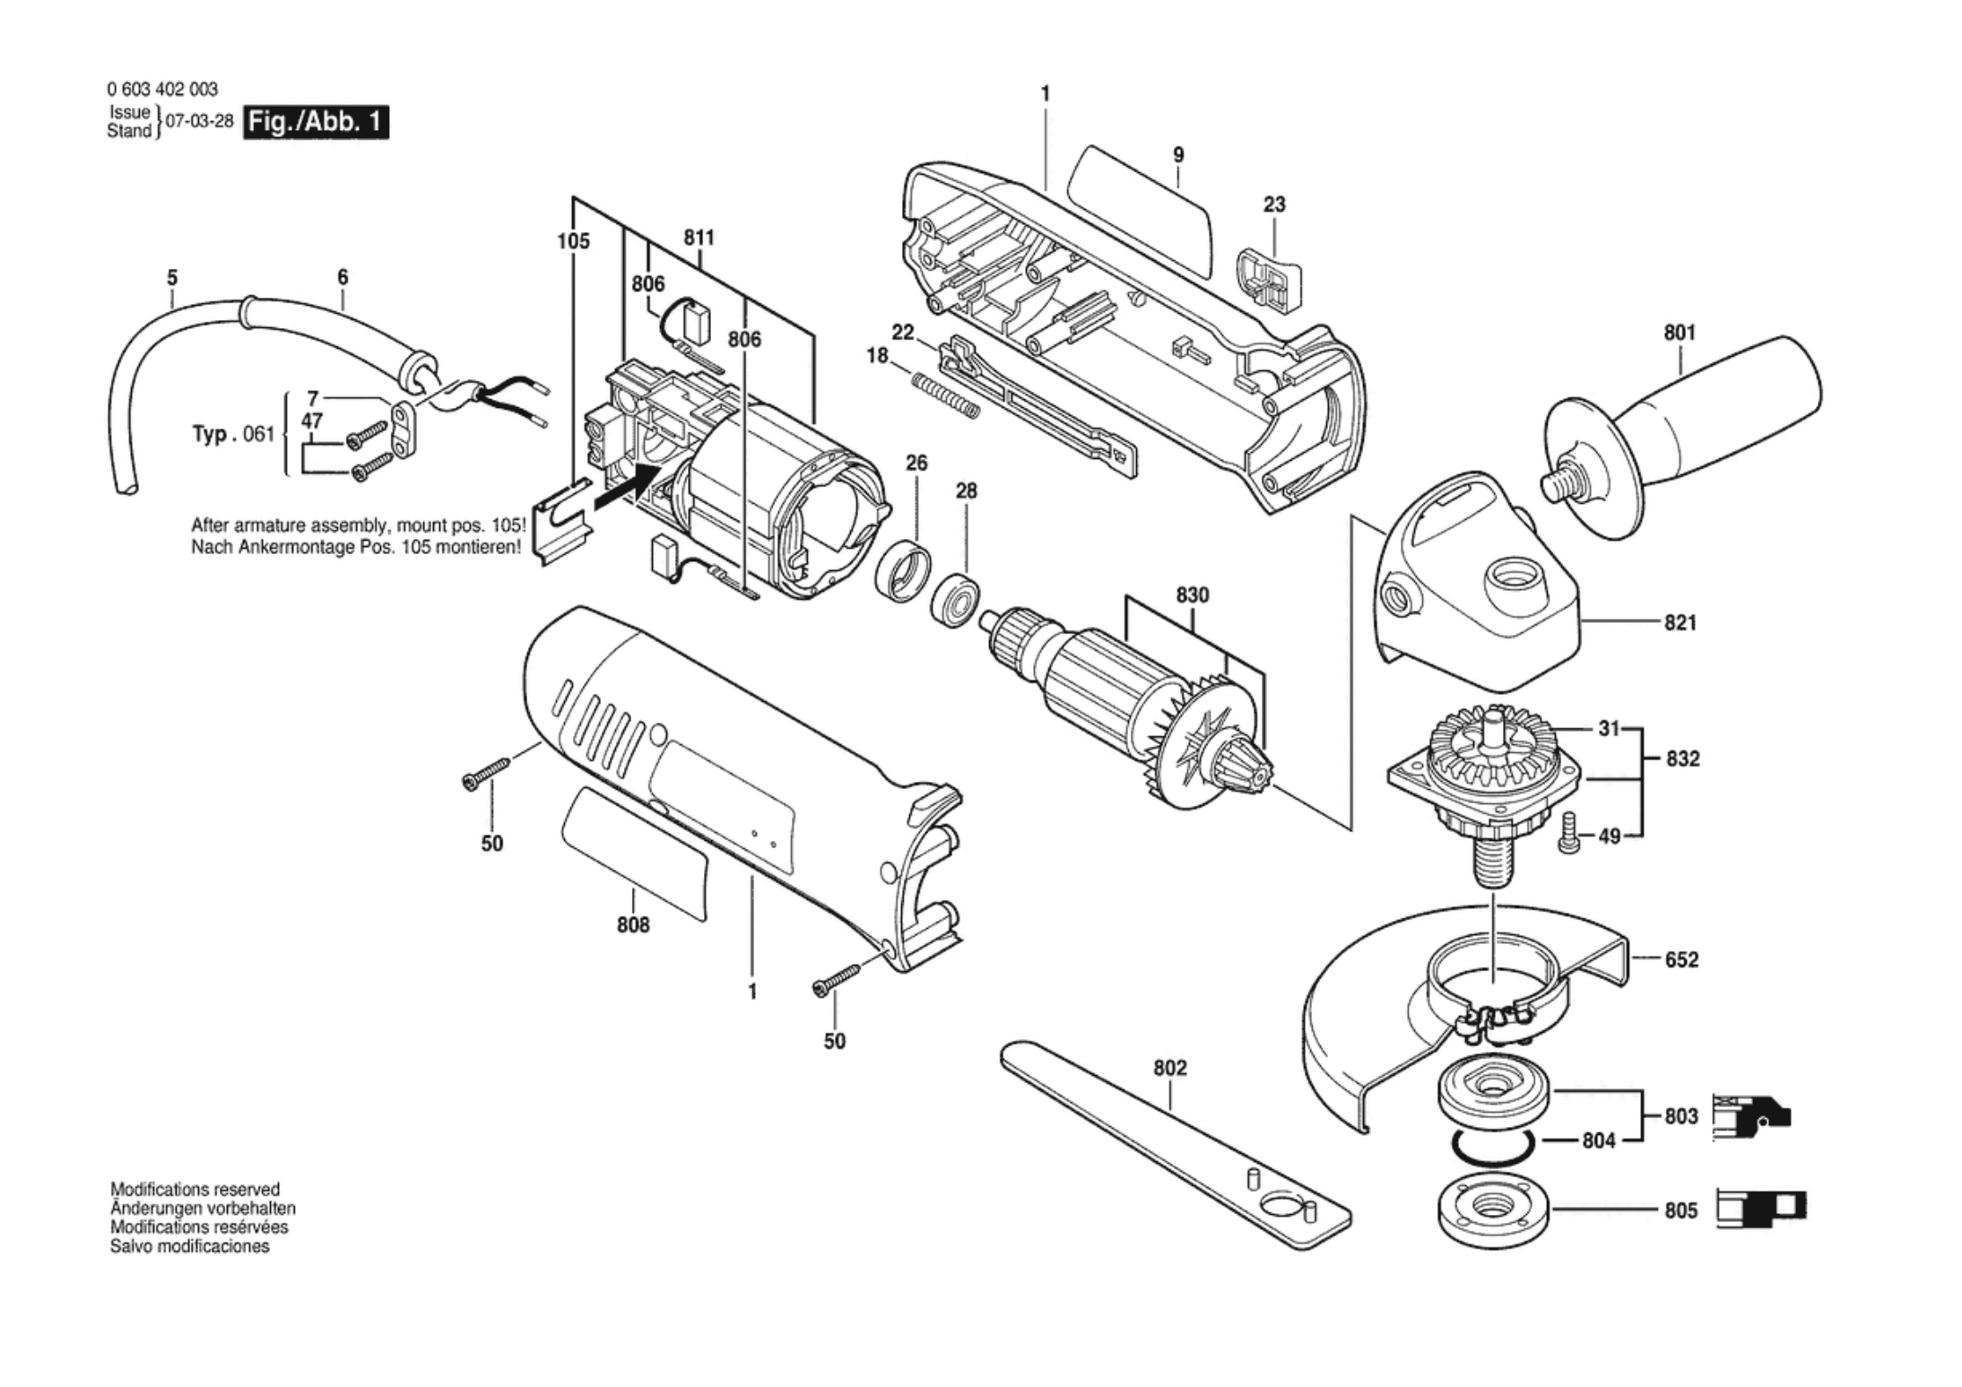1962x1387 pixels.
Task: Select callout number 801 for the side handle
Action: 1680,333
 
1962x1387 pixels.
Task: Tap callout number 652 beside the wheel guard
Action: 1681,960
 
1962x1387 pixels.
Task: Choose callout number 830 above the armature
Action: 1192,595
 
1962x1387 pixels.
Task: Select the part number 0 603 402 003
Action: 162,89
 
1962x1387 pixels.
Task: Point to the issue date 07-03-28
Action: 200,122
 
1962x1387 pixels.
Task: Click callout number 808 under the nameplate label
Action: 633,924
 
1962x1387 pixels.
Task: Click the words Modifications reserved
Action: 195,1189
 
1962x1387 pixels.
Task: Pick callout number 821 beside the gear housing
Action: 1680,622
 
